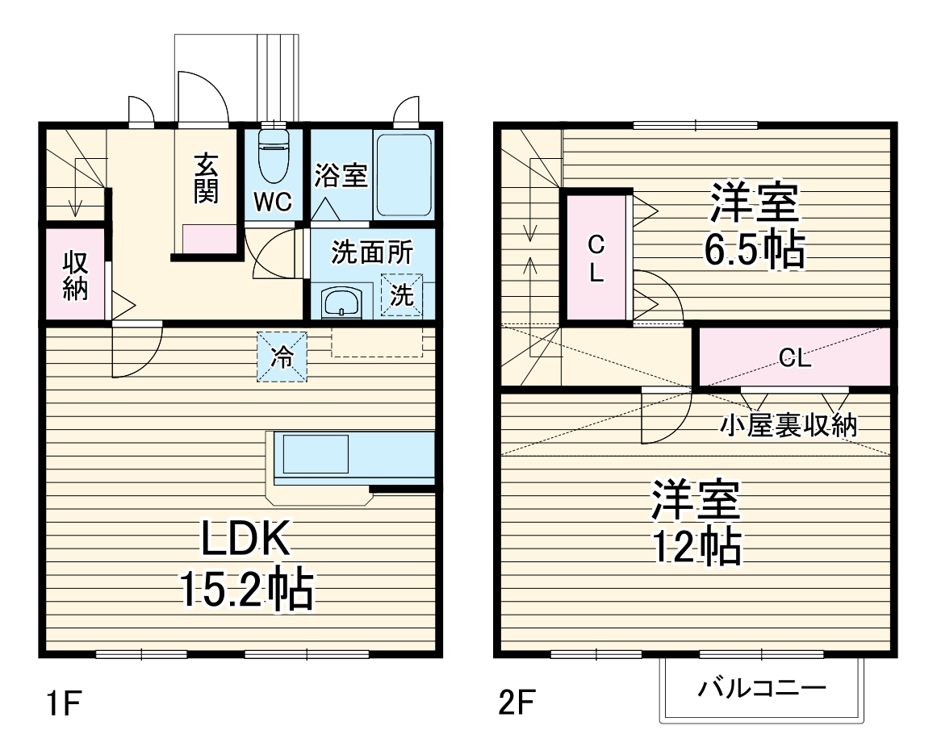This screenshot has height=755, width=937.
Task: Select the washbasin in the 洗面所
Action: tap(344, 303)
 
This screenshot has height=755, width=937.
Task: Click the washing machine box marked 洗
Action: tap(401, 295)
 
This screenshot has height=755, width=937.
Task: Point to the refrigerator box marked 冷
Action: tap(282, 356)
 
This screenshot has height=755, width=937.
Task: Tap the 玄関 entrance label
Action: tap(206, 179)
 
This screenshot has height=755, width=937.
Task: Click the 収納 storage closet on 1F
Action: tap(75, 275)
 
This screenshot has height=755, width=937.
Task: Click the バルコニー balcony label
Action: tap(762, 689)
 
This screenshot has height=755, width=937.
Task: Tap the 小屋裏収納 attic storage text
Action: tap(788, 425)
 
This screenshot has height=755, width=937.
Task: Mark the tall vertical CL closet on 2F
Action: tap(596, 257)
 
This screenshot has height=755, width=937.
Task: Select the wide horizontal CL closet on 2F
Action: tap(794, 358)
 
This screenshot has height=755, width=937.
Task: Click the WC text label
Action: tap(273, 202)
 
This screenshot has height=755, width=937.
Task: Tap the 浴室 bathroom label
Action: tap(341, 175)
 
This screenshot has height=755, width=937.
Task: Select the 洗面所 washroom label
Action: tap(371, 252)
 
